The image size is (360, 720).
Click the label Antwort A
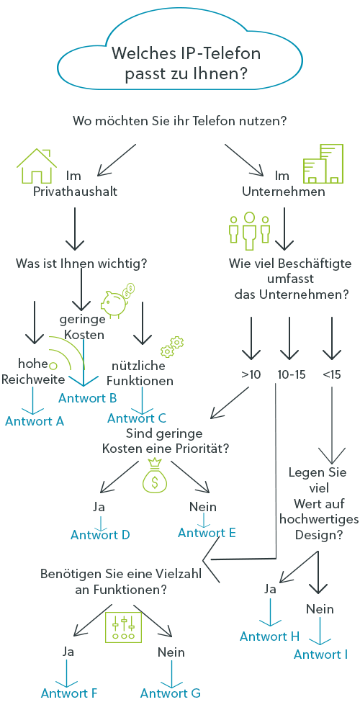click(x=35, y=420)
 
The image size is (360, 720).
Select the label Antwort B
click(x=88, y=397)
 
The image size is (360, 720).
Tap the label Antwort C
click(x=137, y=418)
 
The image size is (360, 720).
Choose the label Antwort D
click(x=100, y=535)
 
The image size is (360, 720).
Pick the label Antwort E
click(x=207, y=533)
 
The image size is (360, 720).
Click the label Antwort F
click(x=69, y=693)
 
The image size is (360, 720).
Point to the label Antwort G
click(x=171, y=693)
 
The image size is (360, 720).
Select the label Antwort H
click(x=269, y=636)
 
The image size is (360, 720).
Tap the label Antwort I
click(x=321, y=654)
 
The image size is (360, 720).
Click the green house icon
click(x=36, y=165)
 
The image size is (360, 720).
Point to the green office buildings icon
click(x=323, y=163)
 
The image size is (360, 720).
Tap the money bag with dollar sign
click(x=155, y=474)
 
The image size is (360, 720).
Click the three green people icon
click(x=249, y=230)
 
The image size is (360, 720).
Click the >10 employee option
click(x=251, y=374)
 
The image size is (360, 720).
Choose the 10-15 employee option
click(x=291, y=374)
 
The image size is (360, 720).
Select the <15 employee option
click(x=331, y=374)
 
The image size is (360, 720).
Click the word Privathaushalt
click(x=76, y=191)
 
